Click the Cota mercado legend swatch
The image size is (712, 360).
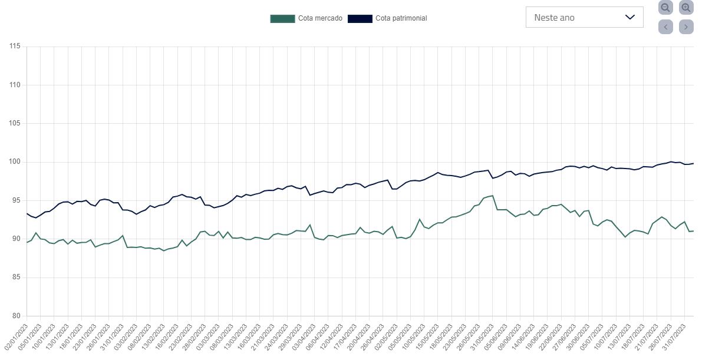click(x=282, y=18)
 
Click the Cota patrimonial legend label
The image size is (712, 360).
click(x=401, y=18)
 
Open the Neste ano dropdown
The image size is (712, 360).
click(x=584, y=18)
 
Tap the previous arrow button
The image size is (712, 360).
click(x=665, y=27)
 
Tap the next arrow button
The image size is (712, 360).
click(x=686, y=27)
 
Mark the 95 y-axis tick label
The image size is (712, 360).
click(x=17, y=200)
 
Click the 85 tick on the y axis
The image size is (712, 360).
click(x=17, y=278)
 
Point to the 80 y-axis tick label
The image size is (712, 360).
click(x=17, y=316)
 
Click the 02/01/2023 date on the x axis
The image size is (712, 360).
click(x=16, y=336)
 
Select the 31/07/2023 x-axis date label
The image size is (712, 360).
click(x=674, y=336)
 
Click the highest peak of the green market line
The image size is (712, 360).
click(x=492, y=196)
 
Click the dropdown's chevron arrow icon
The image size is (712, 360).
click(x=629, y=17)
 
